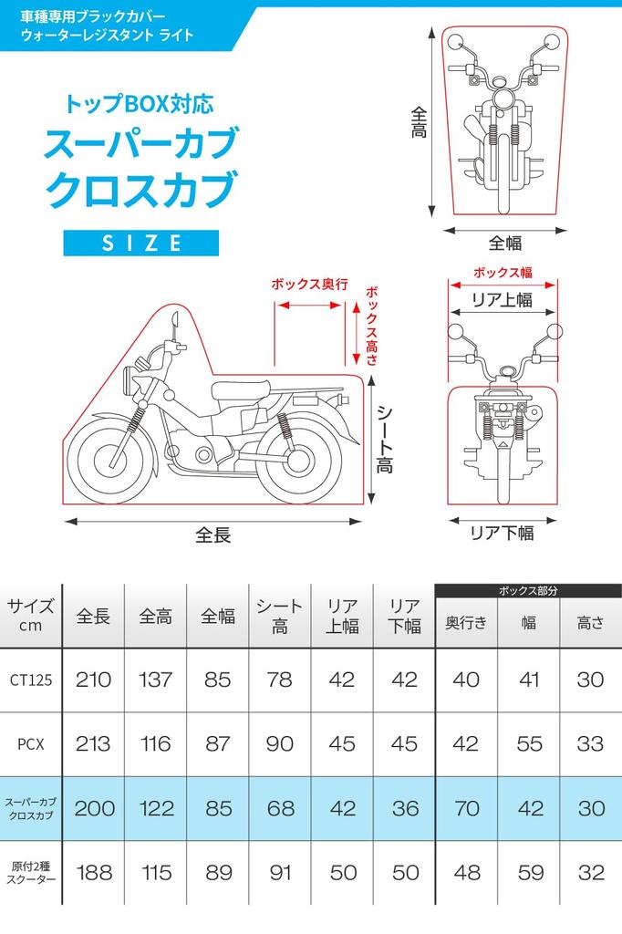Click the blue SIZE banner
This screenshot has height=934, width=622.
(141, 243)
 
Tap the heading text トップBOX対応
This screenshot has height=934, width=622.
(140, 103)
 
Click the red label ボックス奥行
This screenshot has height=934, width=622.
(309, 285)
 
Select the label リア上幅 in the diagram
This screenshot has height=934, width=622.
(502, 300)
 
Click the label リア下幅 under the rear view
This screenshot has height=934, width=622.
(502, 534)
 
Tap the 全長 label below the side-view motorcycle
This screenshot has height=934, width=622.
(213, 534)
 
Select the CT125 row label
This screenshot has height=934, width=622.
(30, 680)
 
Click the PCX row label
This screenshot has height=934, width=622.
(30, 743)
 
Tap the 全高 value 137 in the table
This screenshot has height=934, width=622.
(155, 680)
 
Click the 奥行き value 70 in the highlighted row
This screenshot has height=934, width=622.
(465, 808)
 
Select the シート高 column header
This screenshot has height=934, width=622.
(279, 617)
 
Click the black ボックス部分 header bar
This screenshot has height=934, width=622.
(528, 591)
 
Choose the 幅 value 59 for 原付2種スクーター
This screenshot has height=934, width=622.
(528, 873)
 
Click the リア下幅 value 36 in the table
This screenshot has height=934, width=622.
(404, 808)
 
